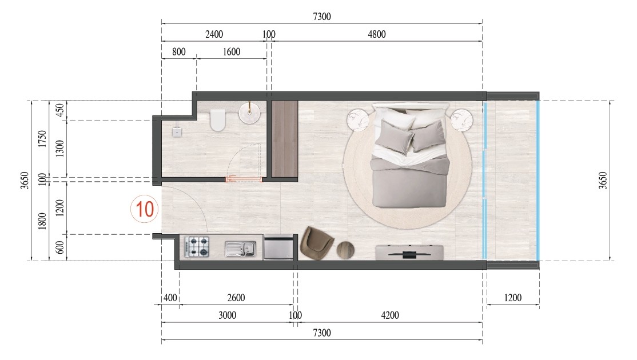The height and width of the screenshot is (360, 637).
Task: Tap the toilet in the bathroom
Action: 218,121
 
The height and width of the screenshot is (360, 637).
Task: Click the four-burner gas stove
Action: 197,247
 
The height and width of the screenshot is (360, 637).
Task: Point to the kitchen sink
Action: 240,248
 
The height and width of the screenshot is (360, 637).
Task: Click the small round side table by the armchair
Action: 345,250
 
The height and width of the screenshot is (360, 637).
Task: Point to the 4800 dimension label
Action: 375,34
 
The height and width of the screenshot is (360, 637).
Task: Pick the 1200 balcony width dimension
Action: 512,298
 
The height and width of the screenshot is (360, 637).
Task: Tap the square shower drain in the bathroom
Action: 178,131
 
